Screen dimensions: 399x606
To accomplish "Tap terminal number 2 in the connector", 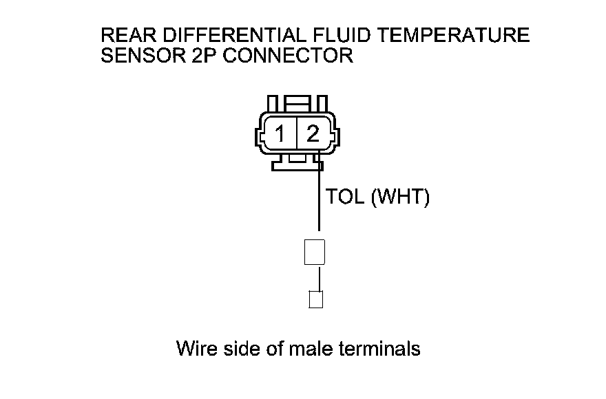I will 313,133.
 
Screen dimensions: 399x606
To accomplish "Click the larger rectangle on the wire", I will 314,252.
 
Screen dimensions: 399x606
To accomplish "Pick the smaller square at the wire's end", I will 316,299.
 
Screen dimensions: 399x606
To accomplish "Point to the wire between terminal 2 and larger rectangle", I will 319,199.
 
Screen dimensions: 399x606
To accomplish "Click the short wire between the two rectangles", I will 319,279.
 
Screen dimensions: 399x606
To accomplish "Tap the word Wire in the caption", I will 198,348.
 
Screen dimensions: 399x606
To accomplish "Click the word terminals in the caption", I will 380,348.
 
